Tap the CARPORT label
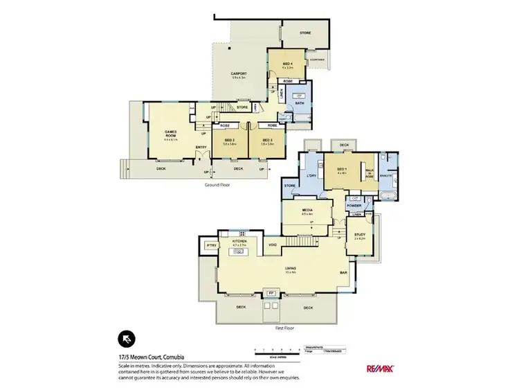[x=239, y=73]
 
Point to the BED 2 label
[x=229, y=141]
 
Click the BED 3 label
[x=266, y=141]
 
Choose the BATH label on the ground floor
[x=299, y=103]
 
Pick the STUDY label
[x=360, y=234]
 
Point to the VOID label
[x=273, y=244]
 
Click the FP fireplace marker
[x=271, y=294]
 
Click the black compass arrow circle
[x=126, y=338]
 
